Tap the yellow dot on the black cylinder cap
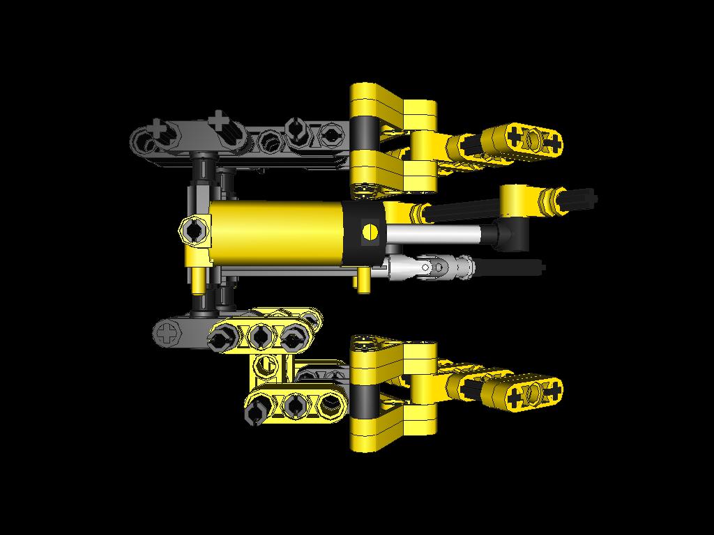[x=370, y=232]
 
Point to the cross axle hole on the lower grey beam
[x=168, y=332]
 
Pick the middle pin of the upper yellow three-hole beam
[x=260, y=337]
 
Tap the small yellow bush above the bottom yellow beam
[x=265, y=364]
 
